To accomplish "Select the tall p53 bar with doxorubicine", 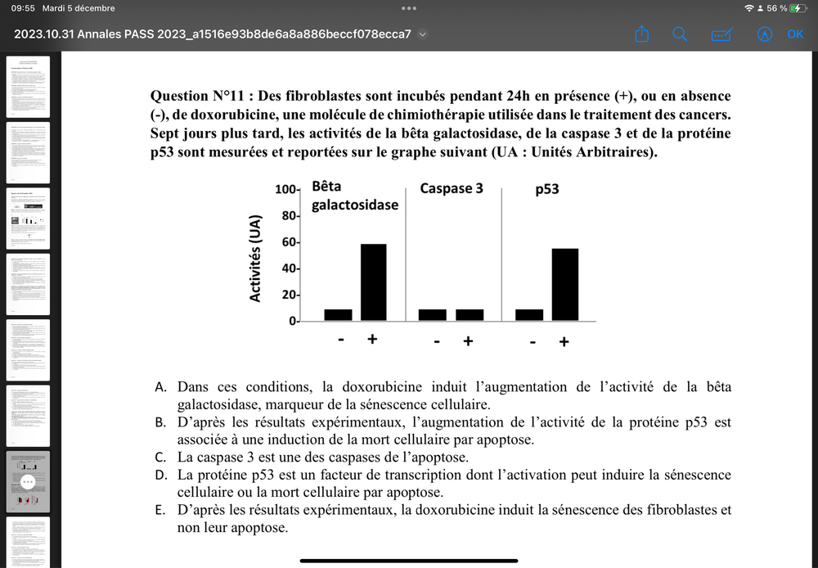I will tap(564, 284).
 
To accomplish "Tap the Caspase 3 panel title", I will tap(452, 188).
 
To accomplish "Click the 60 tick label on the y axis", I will tap(289, 242).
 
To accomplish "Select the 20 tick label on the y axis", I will tap(289, 295).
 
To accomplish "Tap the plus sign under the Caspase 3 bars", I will tap(468, 340).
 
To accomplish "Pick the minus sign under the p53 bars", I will tap(533, 340).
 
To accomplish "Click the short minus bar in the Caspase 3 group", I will tap(433, 314).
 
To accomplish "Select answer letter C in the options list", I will tap(162, 457).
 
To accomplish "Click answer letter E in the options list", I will tap(162, 510).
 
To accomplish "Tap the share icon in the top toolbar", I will tap(642, 34).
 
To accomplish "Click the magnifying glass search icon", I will tap(680, 34).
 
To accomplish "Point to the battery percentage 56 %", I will tap(777, 8).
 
